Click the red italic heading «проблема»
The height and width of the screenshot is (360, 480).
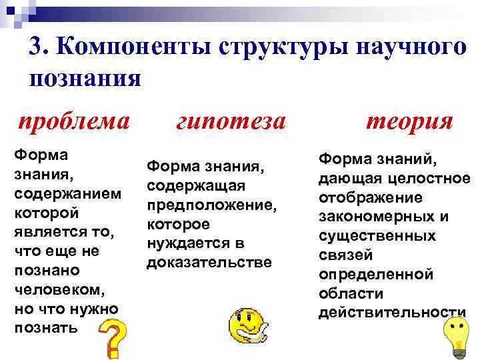(x=74, y=122)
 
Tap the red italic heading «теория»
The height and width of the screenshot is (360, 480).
(x=409, y=121)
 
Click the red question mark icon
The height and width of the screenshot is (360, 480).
(x=113, y=338)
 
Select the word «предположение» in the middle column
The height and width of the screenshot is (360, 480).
(x=210, y=205)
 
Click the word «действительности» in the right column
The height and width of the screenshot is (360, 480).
(x=392, y=313)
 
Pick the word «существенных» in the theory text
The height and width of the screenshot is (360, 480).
(x=377, y=236)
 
